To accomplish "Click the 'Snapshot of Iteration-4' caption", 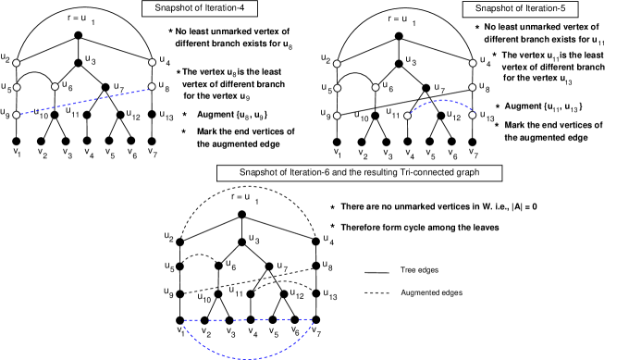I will [x=199, y=8].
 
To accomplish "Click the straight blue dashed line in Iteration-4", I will [x=83, y=102].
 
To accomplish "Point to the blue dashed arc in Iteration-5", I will [x=440, y=102].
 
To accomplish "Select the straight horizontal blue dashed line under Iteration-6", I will [x=248, y=320].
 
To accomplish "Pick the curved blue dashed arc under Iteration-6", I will [x=248, y=355].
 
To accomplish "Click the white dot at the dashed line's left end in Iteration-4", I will [x=17, y=115].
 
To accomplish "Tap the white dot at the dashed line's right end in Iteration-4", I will [x=152, y=87].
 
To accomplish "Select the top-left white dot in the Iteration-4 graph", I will [x=17, y=63].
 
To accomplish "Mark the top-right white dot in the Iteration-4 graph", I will [x=152, y=62].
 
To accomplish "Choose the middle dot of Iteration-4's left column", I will [x=17, y=87].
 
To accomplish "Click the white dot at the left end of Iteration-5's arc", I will [x=407, y=116].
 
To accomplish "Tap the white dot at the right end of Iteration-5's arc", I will [x=472, y=115].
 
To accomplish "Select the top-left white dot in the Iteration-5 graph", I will [x=338, y=64].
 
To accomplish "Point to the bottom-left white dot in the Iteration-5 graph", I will [x=338, y=116].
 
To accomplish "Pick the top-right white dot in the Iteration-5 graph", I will [x=473, y=63].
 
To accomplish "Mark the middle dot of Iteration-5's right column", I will [x=473, y=88].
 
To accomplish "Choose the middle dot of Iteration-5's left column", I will [x=338, y=89].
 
